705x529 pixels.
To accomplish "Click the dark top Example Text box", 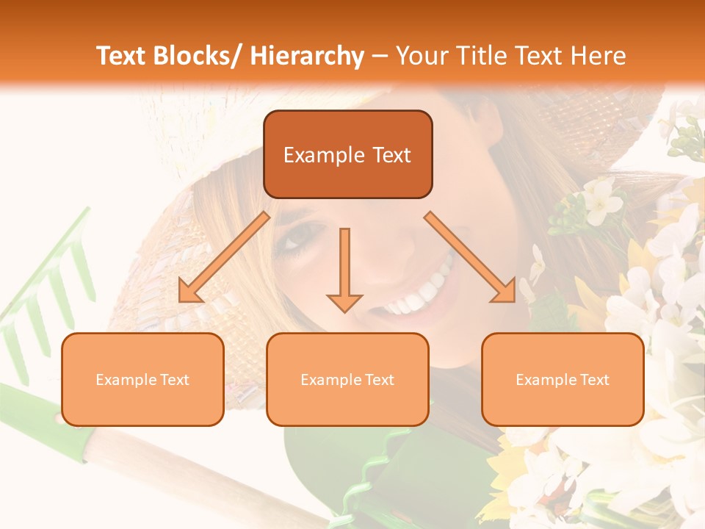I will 347,154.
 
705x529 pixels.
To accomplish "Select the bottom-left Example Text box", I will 142,379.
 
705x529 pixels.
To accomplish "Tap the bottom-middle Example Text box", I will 347,379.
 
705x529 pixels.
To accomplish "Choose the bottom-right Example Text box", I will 563,379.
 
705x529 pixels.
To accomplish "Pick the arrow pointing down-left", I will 224,257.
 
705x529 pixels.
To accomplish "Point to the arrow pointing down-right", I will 471,257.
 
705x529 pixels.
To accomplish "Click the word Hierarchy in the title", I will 307,57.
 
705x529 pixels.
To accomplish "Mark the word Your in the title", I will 421,57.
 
